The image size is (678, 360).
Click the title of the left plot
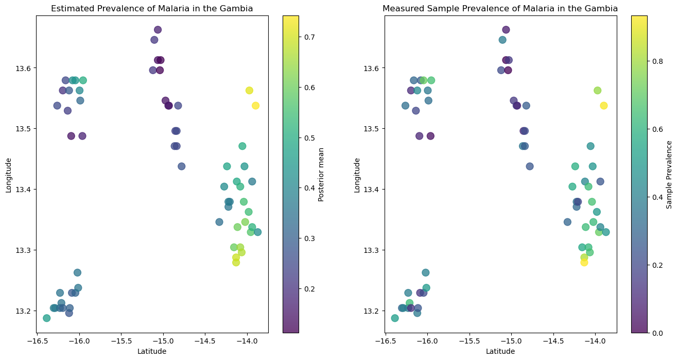[x=151, y=9]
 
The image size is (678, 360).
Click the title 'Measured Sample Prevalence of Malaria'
[x=500, y=9]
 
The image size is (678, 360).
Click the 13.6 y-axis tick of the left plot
[x=24, y=68]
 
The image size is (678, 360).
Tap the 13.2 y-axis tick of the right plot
[x=373, y=311]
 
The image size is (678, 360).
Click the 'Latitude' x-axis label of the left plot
[x=151, y=351]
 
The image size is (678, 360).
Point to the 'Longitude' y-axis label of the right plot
[x=357, y=174]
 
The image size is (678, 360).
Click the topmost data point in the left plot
[x=158, y=30]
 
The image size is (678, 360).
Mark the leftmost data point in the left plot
[x=46, y=318]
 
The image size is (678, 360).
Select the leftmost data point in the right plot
[x=395, y=318]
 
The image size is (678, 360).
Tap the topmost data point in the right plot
[x=506, y=30]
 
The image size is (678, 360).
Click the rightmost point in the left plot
[x=257, y=232]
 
